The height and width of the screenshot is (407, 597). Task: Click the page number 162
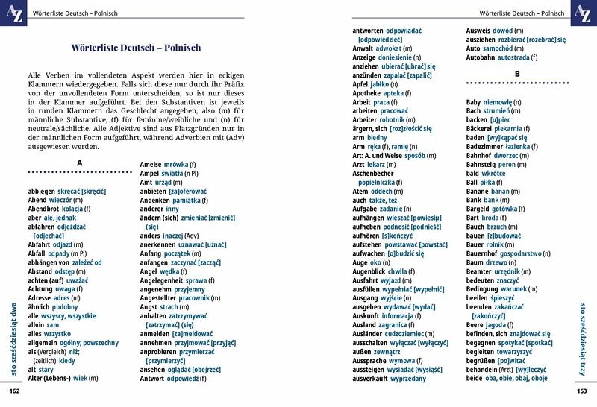(x=14, y=391)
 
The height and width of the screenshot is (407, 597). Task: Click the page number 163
(x=582, y=391)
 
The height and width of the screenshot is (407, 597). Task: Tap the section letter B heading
(x=516, y=74)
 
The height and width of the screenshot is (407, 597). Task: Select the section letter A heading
(x=80, y=163)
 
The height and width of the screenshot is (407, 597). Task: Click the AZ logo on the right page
(x=582, y=13)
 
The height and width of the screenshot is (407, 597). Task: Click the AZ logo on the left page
(x=14, y=13)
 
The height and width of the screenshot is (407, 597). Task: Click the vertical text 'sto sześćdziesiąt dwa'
(x=13, y=336)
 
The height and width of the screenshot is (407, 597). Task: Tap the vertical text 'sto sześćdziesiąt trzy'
(x=583, y=336)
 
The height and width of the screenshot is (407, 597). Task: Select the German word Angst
(x=149, y=307)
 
